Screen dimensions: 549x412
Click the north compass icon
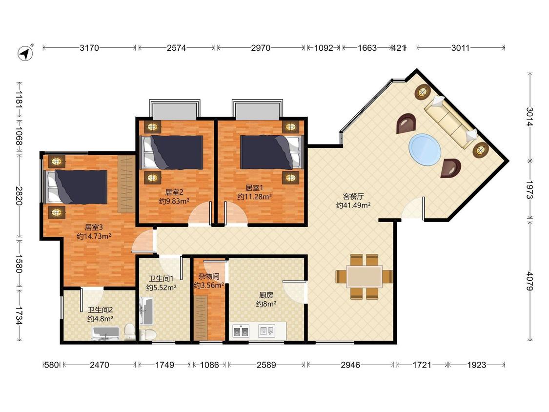(x=25, y=53)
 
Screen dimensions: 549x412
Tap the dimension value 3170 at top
(x=89, y=48)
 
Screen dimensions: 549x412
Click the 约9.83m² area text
(x=174, y=201)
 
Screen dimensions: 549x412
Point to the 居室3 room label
(x=94, y=227)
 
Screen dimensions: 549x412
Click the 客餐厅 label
(x=353, y=196)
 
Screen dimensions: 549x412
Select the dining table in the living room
(x=365, y=277)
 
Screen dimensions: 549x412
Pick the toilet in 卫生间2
(x=129, y=331)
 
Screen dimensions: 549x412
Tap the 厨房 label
(x=266, y=295)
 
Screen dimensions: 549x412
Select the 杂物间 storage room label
(x=209, y=276)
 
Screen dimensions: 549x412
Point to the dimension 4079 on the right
(x=529, y=281)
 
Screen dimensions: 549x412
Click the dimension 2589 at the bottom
(x=266, y=365)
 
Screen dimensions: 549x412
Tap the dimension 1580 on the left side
(x=19, y=264)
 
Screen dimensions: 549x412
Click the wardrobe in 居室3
(x=126, y=184)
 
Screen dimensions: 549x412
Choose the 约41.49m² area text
(x=353, y=206)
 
